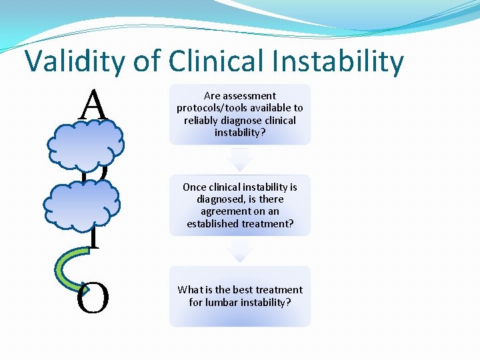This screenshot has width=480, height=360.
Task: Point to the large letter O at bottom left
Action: (x=92, y=299)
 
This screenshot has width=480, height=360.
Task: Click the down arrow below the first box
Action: (x=239, y=159)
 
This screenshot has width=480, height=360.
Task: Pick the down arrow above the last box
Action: (x=239, y=250)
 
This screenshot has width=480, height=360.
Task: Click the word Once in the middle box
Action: (x=195, y=187)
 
